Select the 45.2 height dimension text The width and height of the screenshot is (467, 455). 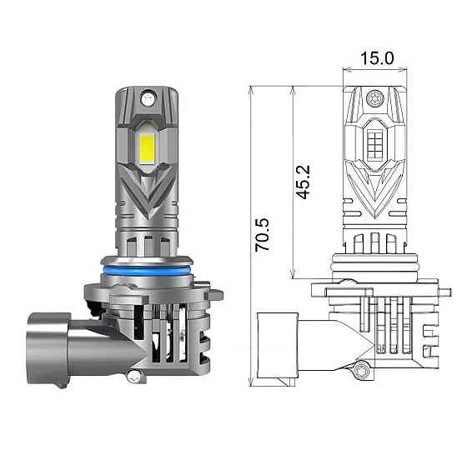click(x=304, y=181)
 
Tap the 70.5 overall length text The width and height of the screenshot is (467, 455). click(x=263, y=236)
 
